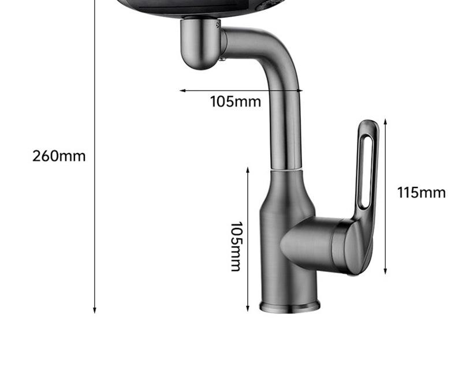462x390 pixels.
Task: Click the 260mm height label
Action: pos(59,156)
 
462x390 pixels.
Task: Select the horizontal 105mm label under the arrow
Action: pos(236,102)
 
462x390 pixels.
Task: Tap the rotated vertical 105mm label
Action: pos(236,246)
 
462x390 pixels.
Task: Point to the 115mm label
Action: pos(422,193)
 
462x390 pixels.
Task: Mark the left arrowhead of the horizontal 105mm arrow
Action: pos(182,91)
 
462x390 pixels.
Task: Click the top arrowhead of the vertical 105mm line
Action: pos(248,170)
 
